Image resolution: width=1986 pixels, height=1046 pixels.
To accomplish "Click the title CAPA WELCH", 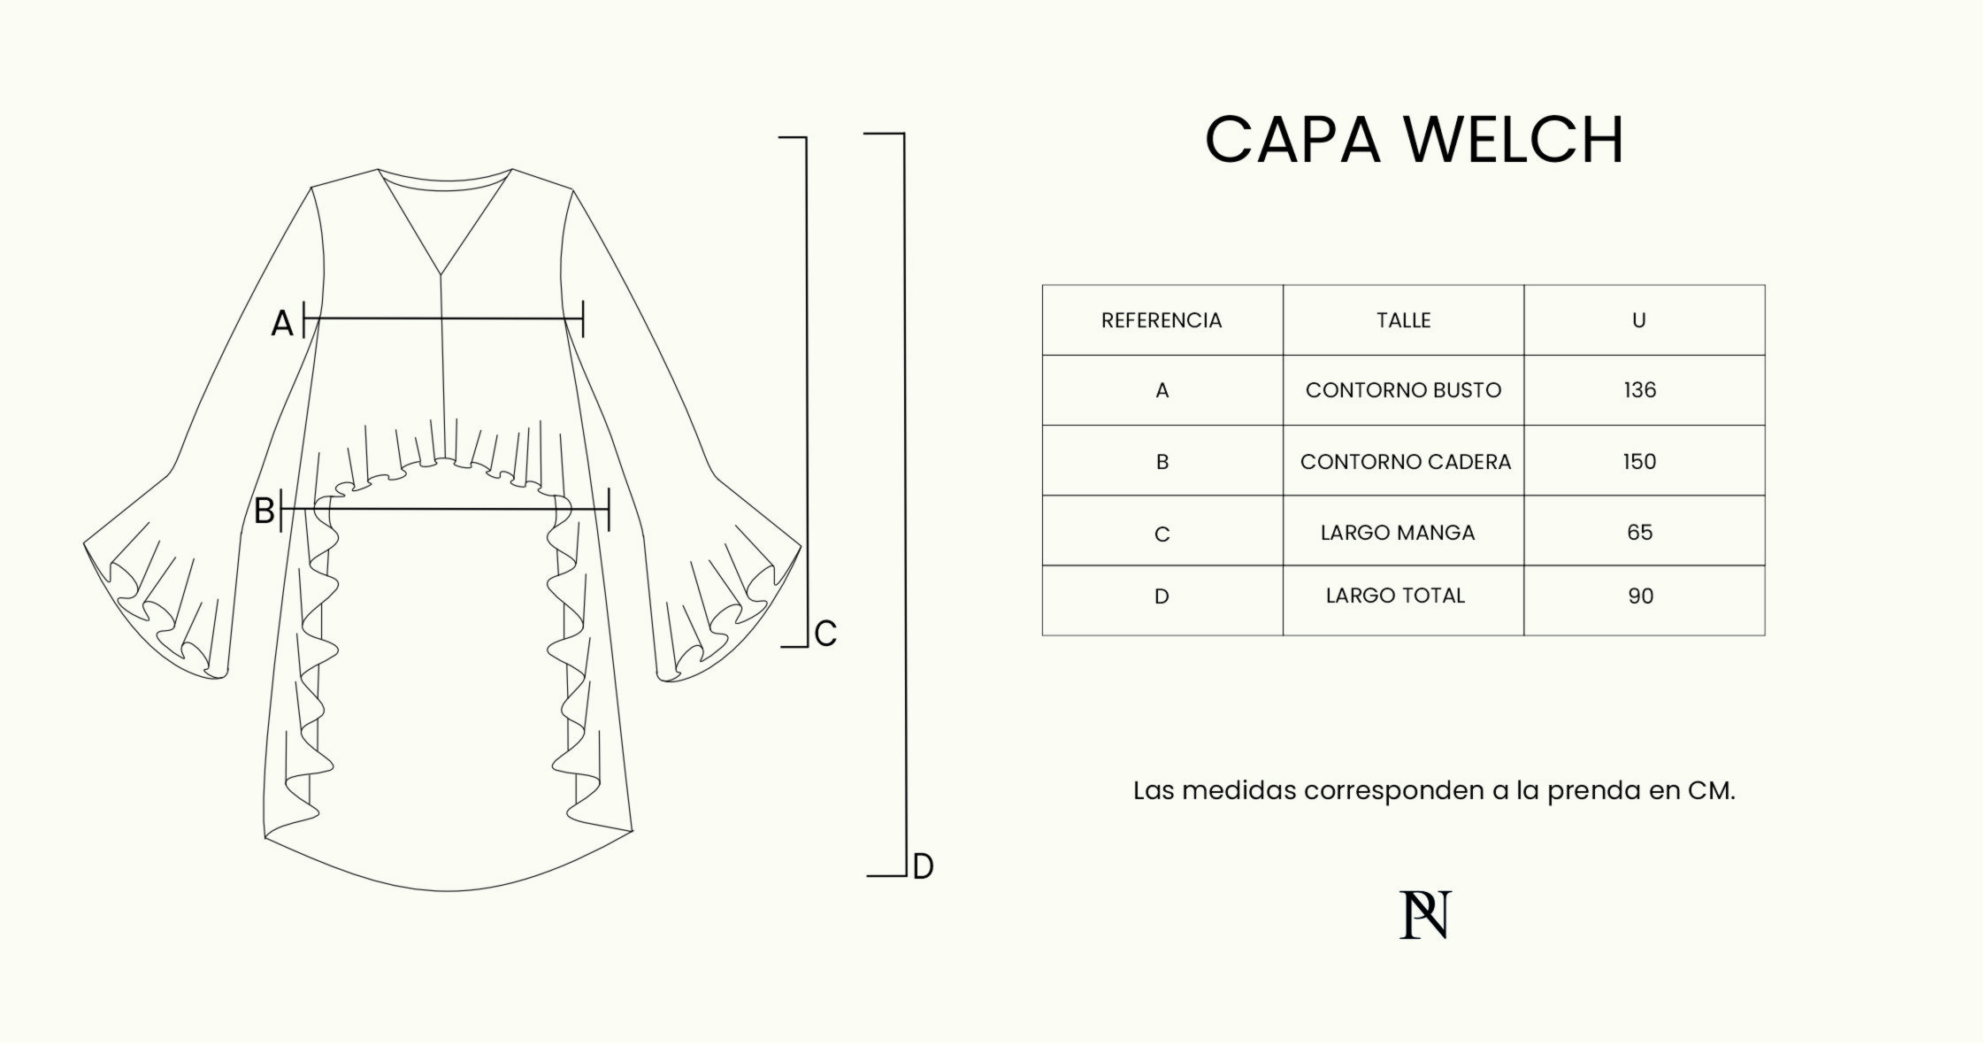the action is tap(1414, 140).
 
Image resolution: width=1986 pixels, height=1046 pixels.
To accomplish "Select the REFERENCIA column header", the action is tap(1162, 320).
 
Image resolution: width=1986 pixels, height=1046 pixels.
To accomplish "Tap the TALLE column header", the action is tap(1403, 320).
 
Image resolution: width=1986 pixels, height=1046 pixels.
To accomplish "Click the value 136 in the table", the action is tap(1639, 390).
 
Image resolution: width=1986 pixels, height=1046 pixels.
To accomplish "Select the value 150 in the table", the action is tap(1639, 461).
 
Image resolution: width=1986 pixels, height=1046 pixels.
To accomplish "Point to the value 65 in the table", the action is tap(1639, 532).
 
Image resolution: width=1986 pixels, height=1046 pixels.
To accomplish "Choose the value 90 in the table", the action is tap(1640, 596).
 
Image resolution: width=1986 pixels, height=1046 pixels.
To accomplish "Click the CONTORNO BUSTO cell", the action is tap(1403, 390).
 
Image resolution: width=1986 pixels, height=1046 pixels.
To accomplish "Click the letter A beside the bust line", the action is tap(281, 324).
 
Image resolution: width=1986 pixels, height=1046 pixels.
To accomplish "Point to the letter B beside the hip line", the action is tap(264, 511).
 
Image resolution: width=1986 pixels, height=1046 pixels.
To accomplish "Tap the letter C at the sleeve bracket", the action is tap(825, 634).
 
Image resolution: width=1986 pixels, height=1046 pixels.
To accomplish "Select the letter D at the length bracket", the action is tap(923, 866).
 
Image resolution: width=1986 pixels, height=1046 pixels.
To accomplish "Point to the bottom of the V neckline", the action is tap(441, 273).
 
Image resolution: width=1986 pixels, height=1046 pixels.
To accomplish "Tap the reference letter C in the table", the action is tap(1162, 535).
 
